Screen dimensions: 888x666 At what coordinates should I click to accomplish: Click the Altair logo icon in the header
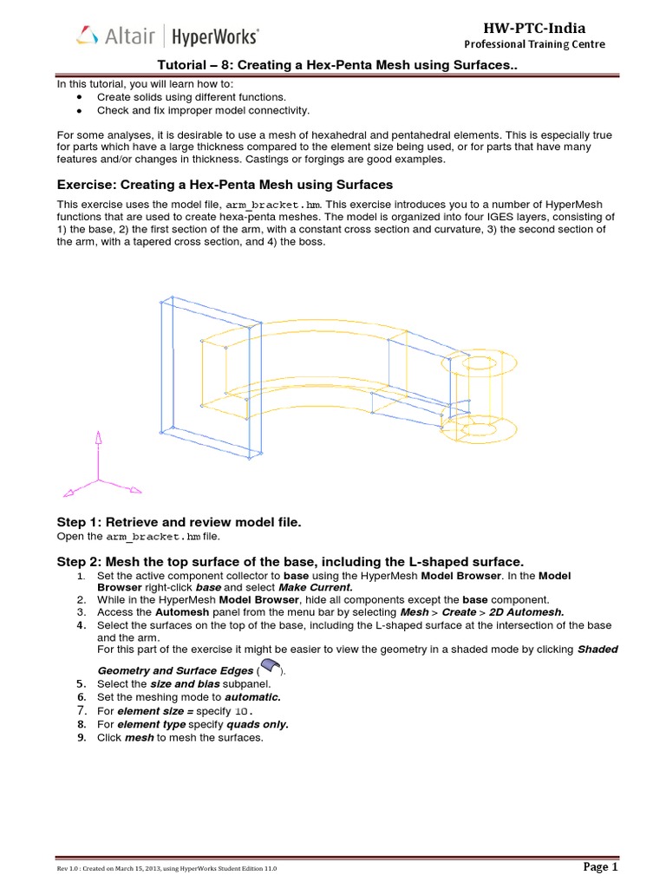[88, 36]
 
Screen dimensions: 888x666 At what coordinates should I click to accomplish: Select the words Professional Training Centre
[534, 45]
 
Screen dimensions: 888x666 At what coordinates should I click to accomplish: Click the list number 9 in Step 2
[80, 737]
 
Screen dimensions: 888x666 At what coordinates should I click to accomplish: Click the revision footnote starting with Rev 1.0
[168, 869]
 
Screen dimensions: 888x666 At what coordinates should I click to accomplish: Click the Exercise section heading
[225, 185]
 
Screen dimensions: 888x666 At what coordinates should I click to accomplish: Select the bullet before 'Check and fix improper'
[80, 111]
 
